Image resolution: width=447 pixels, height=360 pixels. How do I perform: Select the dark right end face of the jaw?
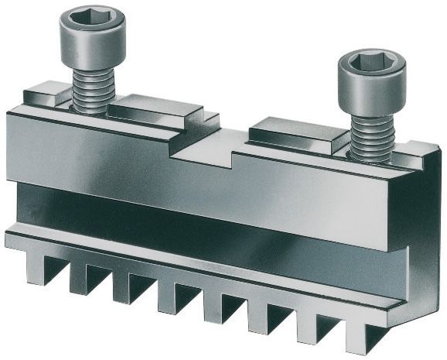coord(425,240)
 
